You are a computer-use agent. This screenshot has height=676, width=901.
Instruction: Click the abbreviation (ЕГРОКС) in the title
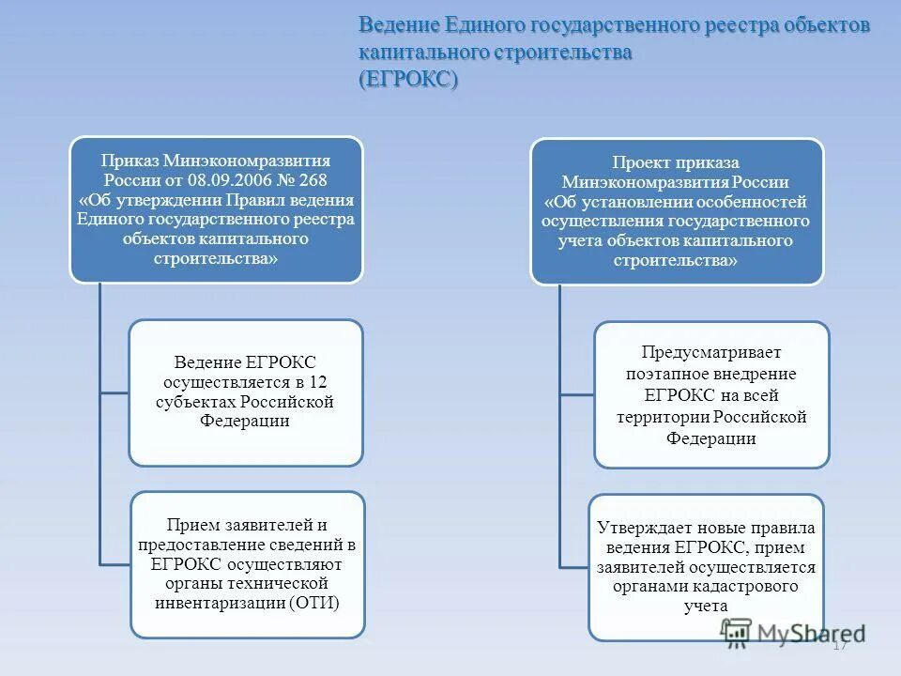click(x=407, y=80)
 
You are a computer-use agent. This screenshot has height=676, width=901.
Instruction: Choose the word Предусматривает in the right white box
click(x=710, y=353)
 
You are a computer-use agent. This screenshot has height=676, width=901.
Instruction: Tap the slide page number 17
click(x=840, y=644)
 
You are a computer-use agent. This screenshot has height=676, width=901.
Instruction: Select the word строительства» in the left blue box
click(x=215, y=259)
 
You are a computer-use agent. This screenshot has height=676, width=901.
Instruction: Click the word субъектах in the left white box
click(x=200, y=402)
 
